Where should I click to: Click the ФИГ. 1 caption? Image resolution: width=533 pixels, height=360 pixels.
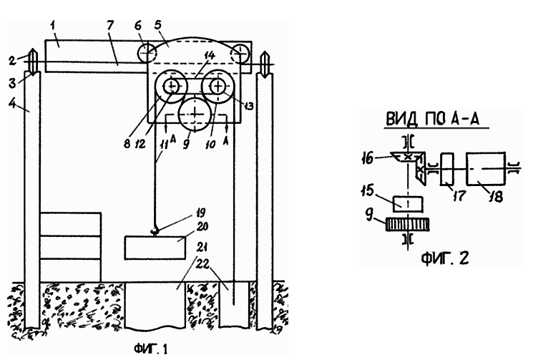point(151,349)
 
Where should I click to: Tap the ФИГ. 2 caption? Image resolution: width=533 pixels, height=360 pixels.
point(445,258)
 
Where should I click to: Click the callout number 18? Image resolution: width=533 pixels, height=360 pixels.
point(497,197)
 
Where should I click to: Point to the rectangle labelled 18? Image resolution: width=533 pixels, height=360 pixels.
point(486,169)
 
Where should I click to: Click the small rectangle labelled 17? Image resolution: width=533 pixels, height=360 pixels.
point(447,170)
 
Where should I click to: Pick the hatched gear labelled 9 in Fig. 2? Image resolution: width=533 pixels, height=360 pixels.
point(407,225)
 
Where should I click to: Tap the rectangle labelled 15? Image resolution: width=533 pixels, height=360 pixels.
point(408,204)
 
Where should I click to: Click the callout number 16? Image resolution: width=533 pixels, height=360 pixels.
point(368,159)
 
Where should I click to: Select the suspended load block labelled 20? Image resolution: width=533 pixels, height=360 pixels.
point(155,248)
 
